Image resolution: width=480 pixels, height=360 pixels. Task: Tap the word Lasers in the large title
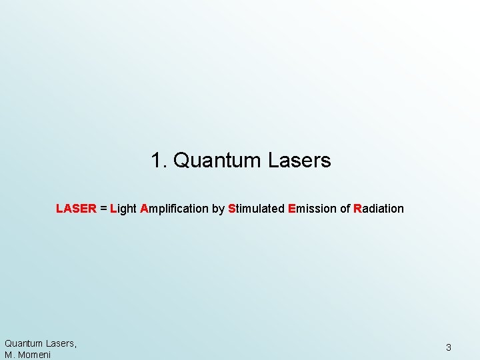299,161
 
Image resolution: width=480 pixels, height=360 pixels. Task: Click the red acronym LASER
76,209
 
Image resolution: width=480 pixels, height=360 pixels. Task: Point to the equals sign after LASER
103,209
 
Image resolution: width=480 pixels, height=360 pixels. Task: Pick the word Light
123,209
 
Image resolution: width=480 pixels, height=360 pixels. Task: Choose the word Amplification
174,209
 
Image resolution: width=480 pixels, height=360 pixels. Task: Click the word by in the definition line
218,209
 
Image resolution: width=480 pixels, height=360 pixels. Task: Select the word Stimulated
256,209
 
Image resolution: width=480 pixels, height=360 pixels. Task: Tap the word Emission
312,209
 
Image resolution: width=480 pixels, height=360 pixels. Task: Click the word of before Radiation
345,209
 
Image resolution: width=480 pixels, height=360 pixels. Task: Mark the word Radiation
379,209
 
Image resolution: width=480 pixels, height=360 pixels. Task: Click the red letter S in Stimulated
231,209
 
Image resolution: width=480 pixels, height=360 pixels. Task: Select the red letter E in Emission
291,209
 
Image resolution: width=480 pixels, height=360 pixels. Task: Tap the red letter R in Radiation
357,209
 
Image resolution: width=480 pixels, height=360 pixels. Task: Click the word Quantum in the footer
23,343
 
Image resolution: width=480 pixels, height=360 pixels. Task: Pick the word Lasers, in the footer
61,343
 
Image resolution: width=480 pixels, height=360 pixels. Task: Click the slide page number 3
449,347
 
